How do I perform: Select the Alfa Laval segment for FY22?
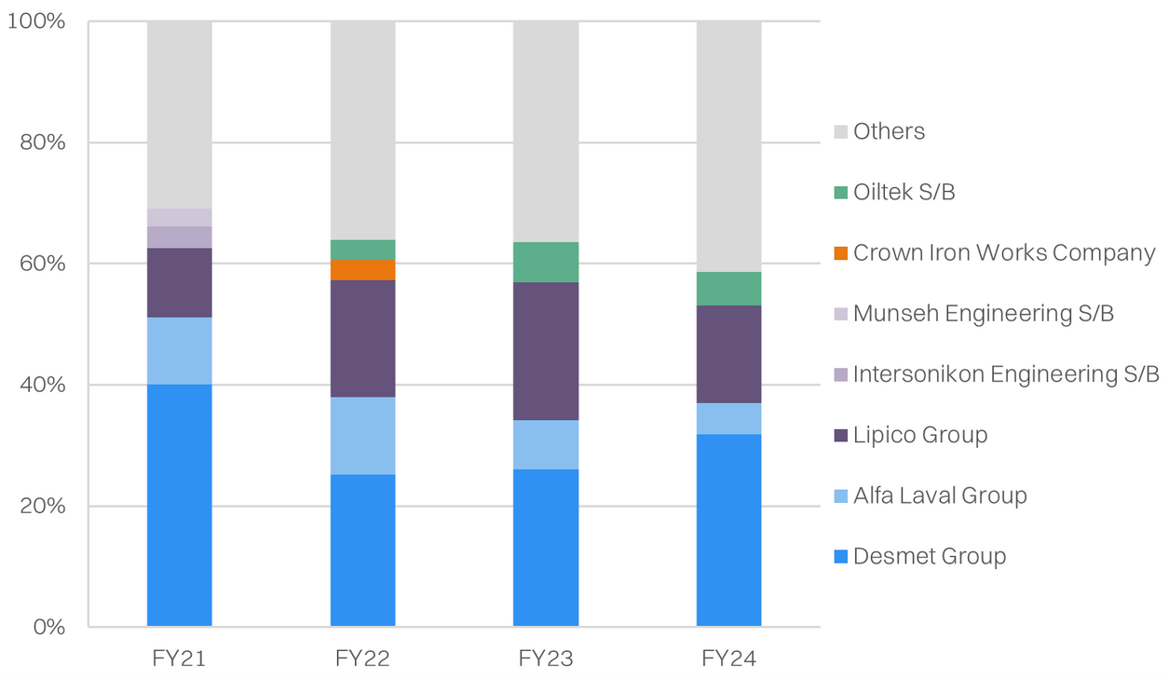coord(362,436)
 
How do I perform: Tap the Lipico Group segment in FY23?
coord(546,351)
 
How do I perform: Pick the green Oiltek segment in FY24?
coord(728,289)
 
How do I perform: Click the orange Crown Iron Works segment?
coord(362,270)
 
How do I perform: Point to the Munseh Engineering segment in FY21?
coord(179,217)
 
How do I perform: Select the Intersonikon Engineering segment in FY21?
coord(179,237)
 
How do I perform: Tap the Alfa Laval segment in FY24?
coord(728,418)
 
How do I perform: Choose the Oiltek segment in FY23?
coord(546,262)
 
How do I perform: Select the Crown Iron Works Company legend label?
coord(1004,253)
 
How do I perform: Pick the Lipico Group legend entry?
coord(919,435)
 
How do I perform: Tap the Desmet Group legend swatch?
coord(841,557)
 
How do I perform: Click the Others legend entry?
coord(889,131)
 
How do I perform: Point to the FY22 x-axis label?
coord(362,658)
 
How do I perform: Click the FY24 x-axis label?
coord(728,658)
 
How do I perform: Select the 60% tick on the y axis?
coord(42,264)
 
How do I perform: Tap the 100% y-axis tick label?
coord(36,21)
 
